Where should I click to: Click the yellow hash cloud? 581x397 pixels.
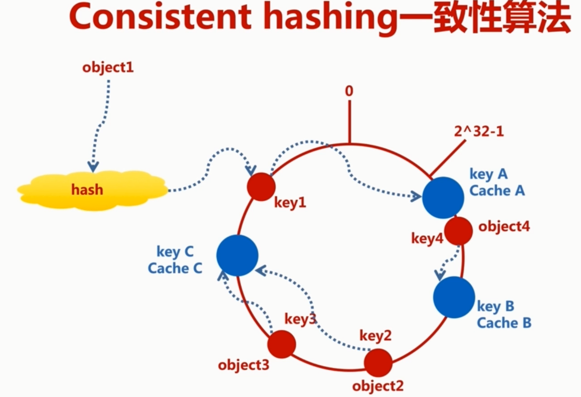point(92,190)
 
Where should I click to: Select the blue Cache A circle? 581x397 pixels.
point(443,198)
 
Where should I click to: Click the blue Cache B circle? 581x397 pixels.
point(454,297)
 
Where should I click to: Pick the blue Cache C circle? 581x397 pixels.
point(237,255)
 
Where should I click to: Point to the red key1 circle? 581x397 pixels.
point(261,186)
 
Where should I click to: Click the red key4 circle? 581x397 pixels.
point(458,230)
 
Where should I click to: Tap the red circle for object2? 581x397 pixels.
point(378,362)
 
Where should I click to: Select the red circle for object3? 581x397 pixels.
point(282,344)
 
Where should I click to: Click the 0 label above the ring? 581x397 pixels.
point(349,91)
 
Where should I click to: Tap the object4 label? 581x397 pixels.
point(504,226)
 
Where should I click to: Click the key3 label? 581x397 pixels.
point(300,319)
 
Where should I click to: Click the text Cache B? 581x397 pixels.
point(504,323)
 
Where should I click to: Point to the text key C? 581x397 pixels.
point(175,252)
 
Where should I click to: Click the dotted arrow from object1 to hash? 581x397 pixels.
point(103,121)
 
